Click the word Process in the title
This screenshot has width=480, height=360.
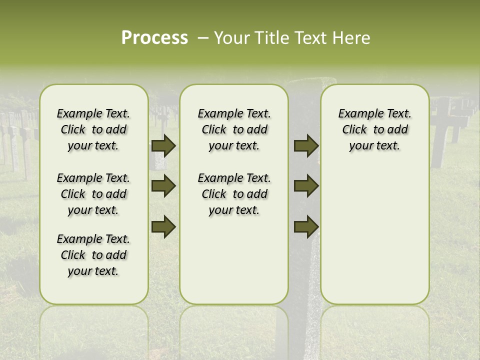click(x=154, y=38)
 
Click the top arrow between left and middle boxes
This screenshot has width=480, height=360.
click(x=163, y=145)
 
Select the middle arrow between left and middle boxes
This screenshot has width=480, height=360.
click(x=163, y=186)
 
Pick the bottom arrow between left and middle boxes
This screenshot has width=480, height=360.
click(x=163, y=226)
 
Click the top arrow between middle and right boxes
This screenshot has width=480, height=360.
click(x=306, y=145)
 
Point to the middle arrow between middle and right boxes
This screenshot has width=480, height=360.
click(x=306, y=186)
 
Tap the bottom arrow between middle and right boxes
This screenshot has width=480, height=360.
click(x=306, y=226)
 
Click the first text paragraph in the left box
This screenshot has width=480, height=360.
click(x=93, y=129)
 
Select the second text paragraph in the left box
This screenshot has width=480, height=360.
click(x=93, y=194)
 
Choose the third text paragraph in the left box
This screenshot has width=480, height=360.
click(x=93, y=255)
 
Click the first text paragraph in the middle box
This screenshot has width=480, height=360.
click(x=234, y=129)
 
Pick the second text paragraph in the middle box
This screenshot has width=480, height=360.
click(x=234, y=194)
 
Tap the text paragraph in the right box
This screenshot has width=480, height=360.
click(x=374, y=129)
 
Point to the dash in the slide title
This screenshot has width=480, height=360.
click(x=203, y=38)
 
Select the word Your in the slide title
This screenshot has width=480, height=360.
click(x=232, y=38)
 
